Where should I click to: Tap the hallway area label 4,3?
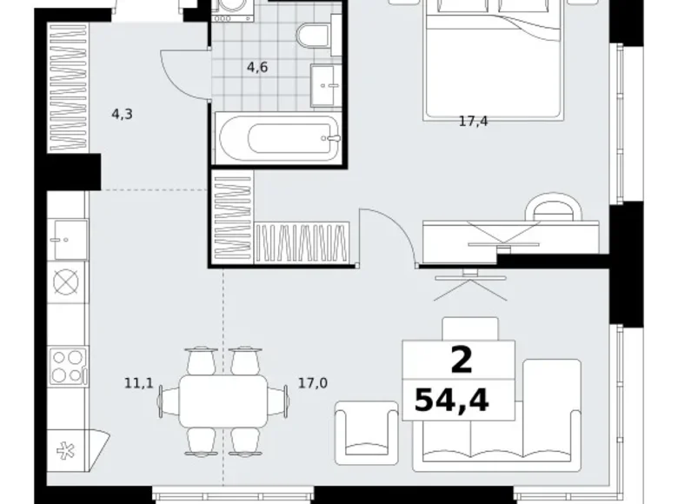pyautogui.click(x=122, y=113)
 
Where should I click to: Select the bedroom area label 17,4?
pyautogui.click(x=473, y=122)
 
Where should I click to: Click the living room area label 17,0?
pyautogui.click(x=312, y=381)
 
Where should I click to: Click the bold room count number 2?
pyautogui.click(x=461, y=359)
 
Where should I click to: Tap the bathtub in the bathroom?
pyautogui.click(x=277, y=139)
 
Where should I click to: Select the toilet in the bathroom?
pyautogui.click(x=309, y=36)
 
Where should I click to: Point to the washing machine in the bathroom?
pyautogui.click(x=231, y=13)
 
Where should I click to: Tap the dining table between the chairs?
pyautogui.click(x=223, y=401)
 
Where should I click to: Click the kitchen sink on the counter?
pyautogui.click(x=67, y=235)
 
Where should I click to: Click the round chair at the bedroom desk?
pyautogui.click(x=554, y=209)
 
